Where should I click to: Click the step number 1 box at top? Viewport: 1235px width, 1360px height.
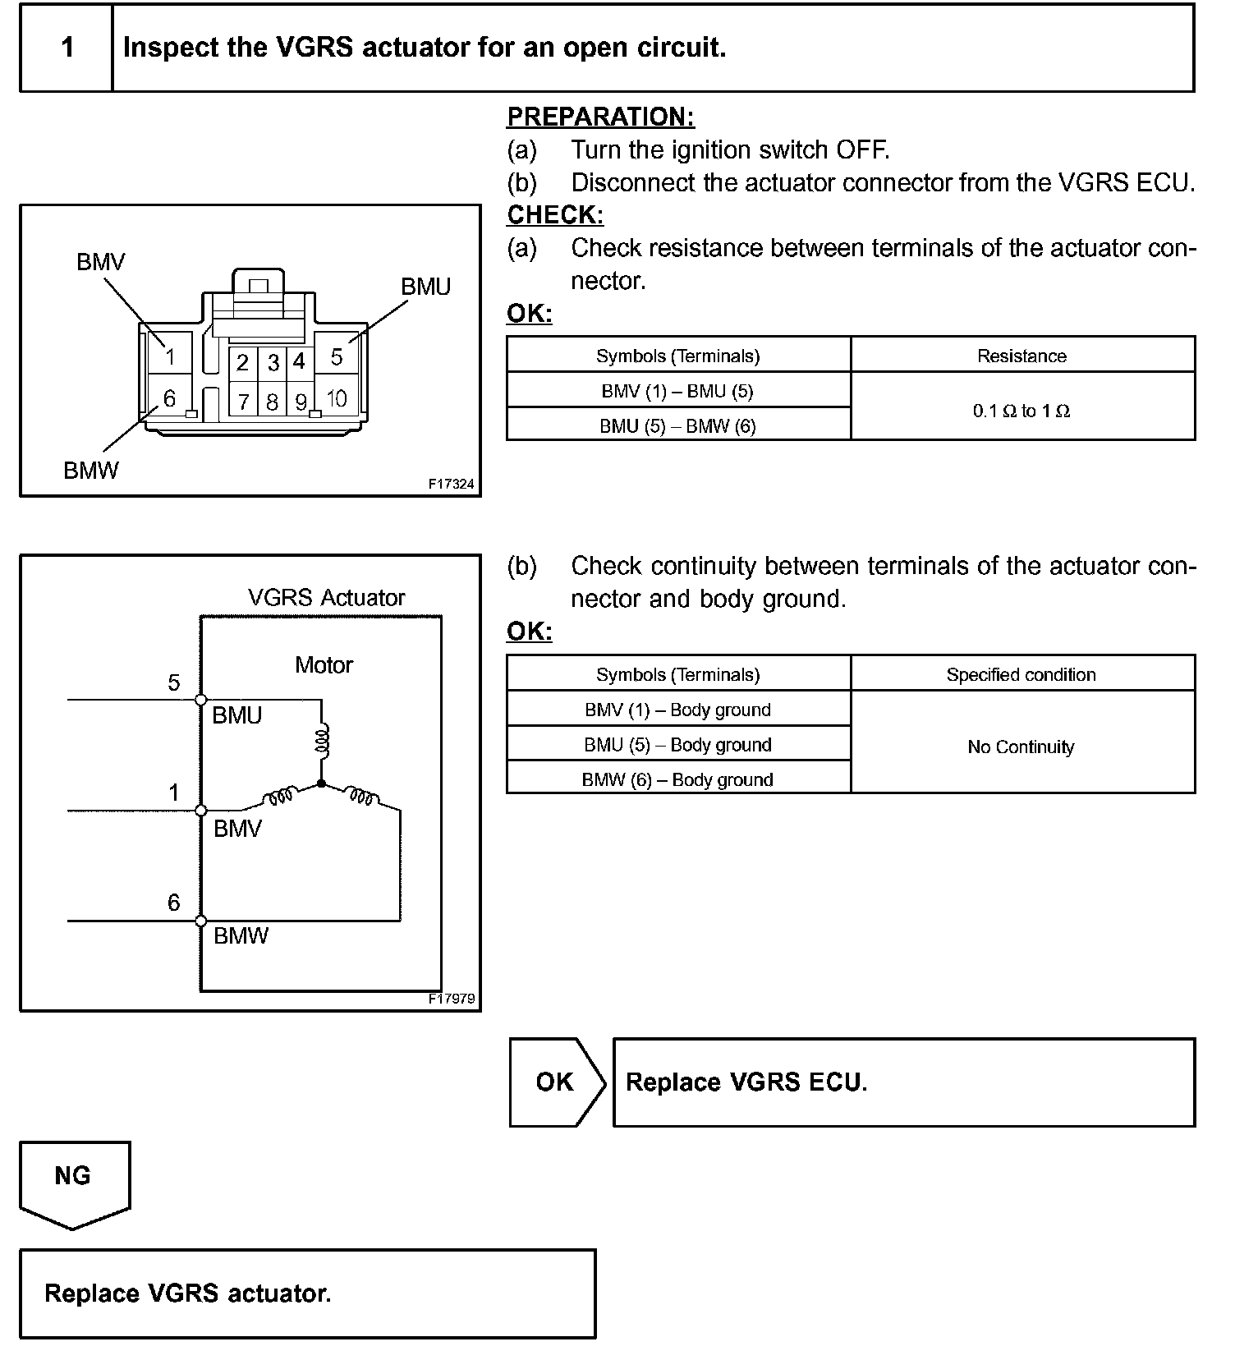[67, 48]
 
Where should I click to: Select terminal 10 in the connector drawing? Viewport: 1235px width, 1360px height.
[337, 399]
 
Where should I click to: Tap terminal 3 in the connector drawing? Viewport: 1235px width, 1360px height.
[273, 362]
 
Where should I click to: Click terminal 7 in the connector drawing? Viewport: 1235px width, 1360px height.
[244, 402]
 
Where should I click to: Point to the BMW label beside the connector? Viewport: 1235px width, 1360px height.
[91, 471]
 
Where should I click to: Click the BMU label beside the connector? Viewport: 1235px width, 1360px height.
[425, 287]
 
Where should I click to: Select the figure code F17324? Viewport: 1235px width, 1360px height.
[451, 484]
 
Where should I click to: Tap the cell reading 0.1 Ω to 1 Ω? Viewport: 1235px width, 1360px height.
[1022, 411]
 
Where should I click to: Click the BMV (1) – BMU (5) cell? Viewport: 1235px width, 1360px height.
[677, 391]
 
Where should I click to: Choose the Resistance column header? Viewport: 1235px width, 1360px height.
[1022, 356]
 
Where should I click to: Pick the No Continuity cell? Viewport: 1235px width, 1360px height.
[1021, 747]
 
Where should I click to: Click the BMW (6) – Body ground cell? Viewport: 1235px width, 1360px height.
[677, 779]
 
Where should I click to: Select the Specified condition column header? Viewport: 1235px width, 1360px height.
[1021, 674]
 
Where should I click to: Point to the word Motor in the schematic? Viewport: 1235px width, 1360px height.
[324, 664]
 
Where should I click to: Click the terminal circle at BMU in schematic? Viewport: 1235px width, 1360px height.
[201, 700]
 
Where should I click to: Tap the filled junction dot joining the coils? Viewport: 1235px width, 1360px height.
[321, 783]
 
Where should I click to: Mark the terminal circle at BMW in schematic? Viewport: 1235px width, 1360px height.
[201, 921]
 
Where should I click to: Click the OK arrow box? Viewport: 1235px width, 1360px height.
[556, 1082]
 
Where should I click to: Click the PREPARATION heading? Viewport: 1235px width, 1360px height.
[601, 117]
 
